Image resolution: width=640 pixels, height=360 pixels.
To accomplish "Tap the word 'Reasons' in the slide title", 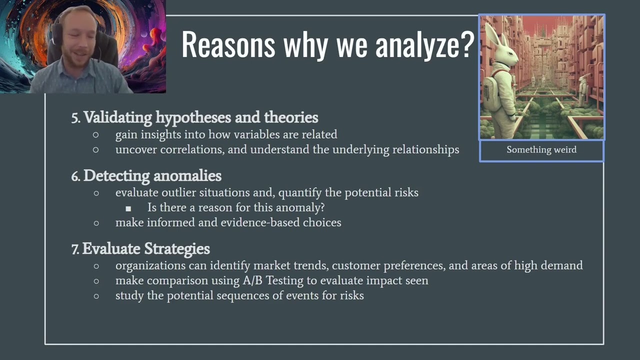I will pyautogui.click(x=228, y=44).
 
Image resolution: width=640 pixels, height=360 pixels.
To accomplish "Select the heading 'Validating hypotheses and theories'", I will pyautogui.click(x=200, y=117).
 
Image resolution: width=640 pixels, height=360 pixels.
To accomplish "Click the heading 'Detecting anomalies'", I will pyautogui.click(x=152, y=176).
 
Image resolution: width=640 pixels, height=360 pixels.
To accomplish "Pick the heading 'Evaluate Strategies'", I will pyautogui.click(x=146, y=248).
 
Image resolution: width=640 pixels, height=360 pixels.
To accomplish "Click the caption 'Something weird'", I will pyautogui.click(x=541, y=150).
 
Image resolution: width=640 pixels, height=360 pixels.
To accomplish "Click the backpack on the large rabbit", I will pyautogui.click(x=490, y=92).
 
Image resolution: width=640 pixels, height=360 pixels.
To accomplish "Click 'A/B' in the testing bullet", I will pyautogui.click(x=253, y=280).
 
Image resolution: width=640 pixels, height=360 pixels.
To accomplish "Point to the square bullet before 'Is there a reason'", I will pyautogui.click(x=128, y=208).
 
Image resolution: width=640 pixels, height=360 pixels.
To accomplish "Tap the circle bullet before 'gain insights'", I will pyautogui.click(x=96, y=134).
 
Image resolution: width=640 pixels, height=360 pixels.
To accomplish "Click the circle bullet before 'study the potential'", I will pyautogui.click(x=96, y=296).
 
